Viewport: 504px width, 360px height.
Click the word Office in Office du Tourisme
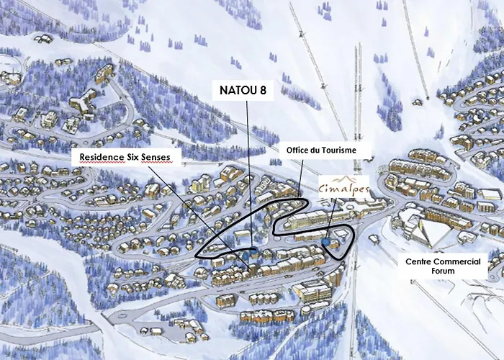301,150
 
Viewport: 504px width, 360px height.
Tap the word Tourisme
348,150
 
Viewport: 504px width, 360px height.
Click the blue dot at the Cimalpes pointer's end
325,243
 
